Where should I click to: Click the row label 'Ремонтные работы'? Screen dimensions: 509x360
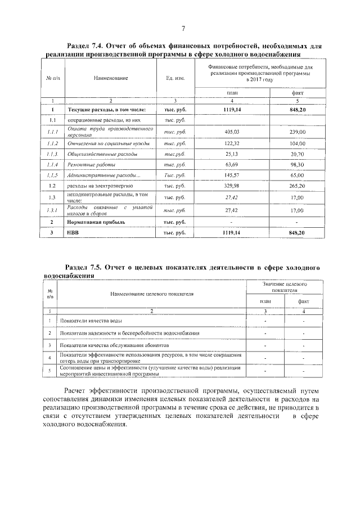[x=88, y=164]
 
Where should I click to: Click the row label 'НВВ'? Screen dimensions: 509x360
[x=74, y=232]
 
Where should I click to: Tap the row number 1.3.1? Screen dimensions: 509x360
[x=52, y=210]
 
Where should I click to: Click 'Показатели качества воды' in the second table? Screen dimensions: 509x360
[x=91, y=321]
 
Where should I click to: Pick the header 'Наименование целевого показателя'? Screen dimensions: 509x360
[x=152, y=293]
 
